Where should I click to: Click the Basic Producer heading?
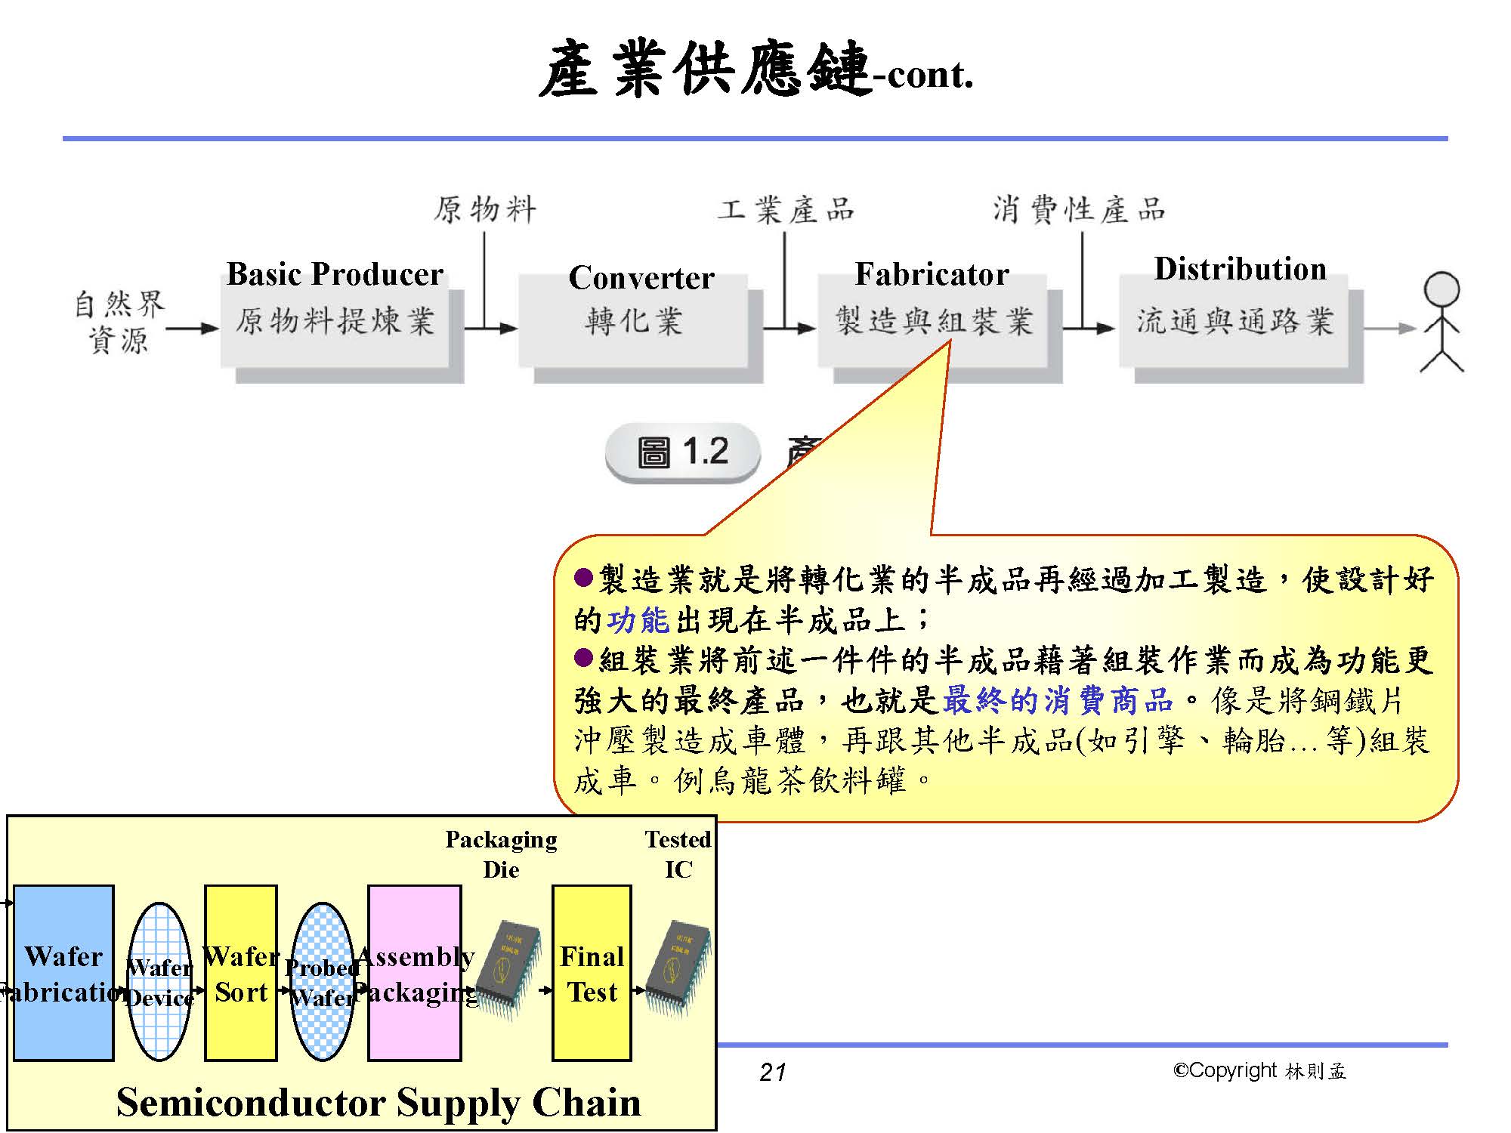335,274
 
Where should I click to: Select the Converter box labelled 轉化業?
633,322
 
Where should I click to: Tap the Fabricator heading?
932,274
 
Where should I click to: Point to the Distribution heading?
1240,270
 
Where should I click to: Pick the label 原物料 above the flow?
485,209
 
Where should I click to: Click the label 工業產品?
786,209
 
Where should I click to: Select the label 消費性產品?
1079,209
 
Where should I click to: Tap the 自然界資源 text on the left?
119,323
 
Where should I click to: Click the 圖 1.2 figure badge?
682,452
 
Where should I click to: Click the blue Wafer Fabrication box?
63,973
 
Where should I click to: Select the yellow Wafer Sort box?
241,973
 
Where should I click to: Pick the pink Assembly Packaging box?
415,973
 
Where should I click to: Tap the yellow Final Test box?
592,973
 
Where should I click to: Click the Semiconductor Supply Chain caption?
379,1102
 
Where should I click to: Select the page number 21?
773,1072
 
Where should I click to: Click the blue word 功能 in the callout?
638,621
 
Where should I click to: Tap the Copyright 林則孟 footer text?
1259,1070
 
